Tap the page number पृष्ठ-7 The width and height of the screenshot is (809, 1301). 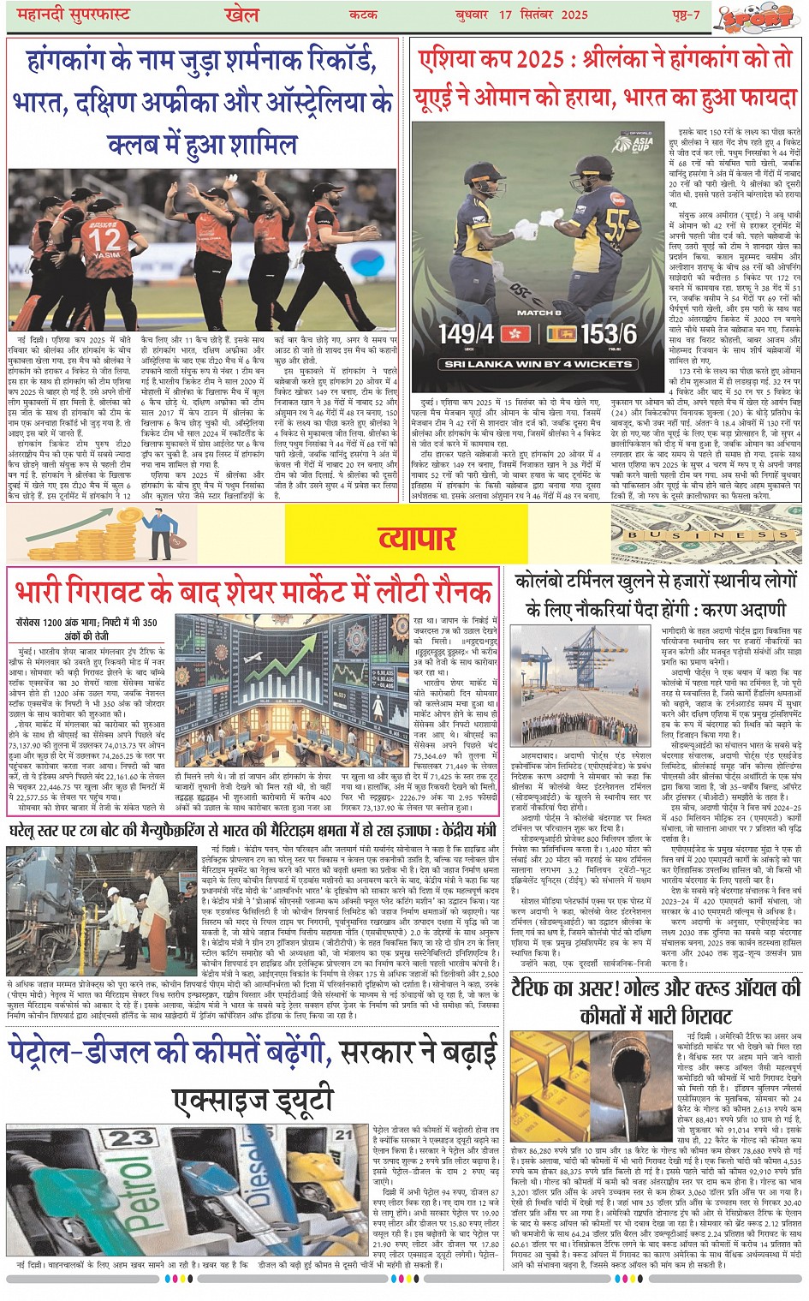(686, 15)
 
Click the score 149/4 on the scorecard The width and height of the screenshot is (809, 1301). (467, 334)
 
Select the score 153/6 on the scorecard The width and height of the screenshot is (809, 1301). (609, 334)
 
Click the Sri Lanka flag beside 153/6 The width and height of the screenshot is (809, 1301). (562, 333)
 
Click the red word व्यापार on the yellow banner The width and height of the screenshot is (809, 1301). (418, 538)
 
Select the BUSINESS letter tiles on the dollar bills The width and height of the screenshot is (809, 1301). (707, 535)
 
